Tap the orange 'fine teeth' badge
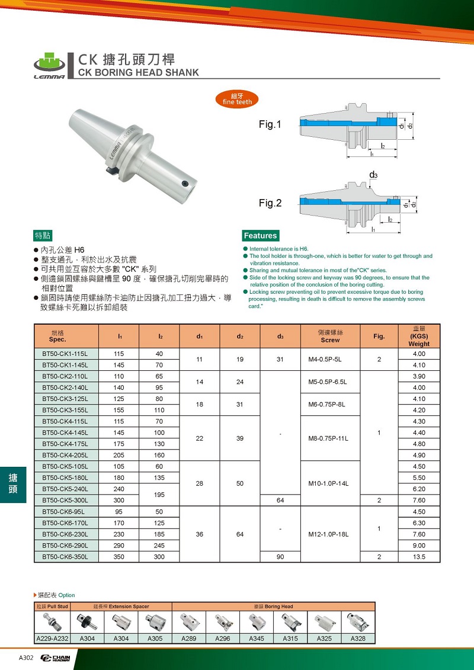(x=237, y=99)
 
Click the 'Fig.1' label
(x=270, y=124)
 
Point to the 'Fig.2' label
(x=270, y=203)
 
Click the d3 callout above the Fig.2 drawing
(x=373, y=175)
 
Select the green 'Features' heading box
(x=260, y=235)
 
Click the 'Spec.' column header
(x=59, y=340)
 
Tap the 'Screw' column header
(x=330, y=340)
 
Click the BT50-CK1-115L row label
(x=65, y=354)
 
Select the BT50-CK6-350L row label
(x=65, y=557)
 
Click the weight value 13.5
(x=419, y=557)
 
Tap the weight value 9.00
(x=419, y=546)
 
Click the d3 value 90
(x=280, y=557)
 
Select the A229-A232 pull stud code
(x=52, y=639)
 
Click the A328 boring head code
(x=358, y=639)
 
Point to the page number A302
(x=26, y=658)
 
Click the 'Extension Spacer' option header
(x=121, y=607)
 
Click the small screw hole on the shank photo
(x=185, y=182)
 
